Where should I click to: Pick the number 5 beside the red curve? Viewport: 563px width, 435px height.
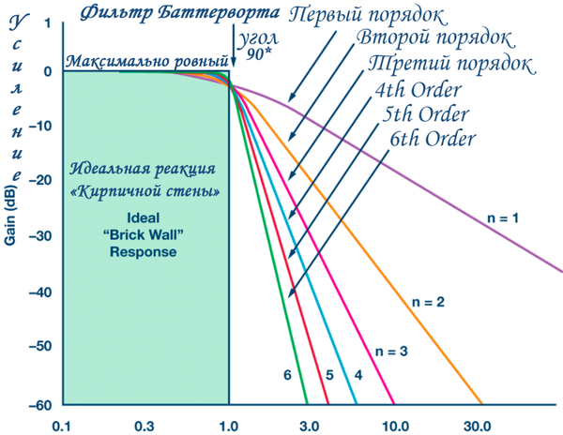coord(329,375)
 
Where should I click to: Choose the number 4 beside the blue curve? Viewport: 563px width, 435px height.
coord(358,375)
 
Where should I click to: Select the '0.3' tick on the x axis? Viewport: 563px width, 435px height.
coord(144,425)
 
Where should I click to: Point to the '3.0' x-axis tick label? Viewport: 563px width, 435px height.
coord(312,425)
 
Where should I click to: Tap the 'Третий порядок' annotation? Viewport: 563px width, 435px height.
coord(452,66)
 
